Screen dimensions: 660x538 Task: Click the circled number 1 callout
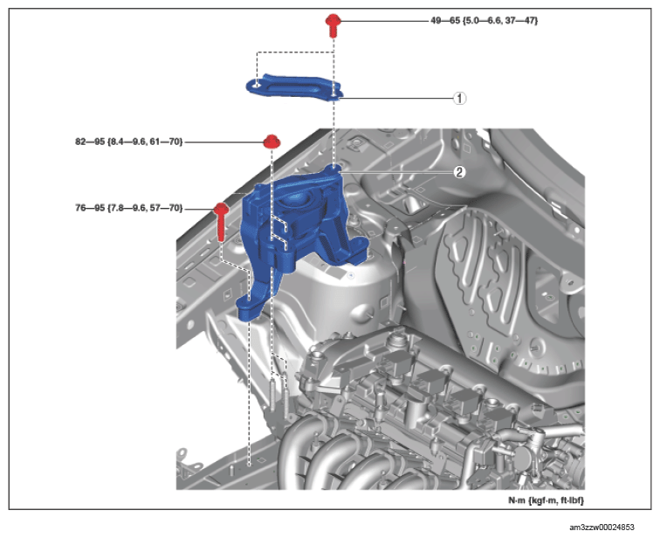[459, 99]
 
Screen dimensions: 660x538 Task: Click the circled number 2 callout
[459, 172]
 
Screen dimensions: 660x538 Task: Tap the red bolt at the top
[333, 25]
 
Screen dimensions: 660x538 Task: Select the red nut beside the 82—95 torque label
[272, 141]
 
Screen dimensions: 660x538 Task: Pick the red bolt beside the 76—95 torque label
[221, 222]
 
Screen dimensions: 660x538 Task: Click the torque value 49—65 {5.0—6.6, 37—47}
[484, 20]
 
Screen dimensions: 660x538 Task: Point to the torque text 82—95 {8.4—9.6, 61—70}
[129, 141]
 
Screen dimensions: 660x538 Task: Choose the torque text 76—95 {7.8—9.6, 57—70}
[129, 208]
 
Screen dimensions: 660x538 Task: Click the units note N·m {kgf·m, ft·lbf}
[546, 500]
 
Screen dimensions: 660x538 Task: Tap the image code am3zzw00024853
[602, 527]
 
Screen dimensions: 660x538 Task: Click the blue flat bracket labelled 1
[295, 87]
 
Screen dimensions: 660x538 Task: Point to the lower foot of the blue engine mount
[250, 307]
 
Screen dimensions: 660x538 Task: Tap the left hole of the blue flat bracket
[258, 86]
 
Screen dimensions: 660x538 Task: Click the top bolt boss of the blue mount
[333, 169]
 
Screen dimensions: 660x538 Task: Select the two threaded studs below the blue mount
[279, 396]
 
